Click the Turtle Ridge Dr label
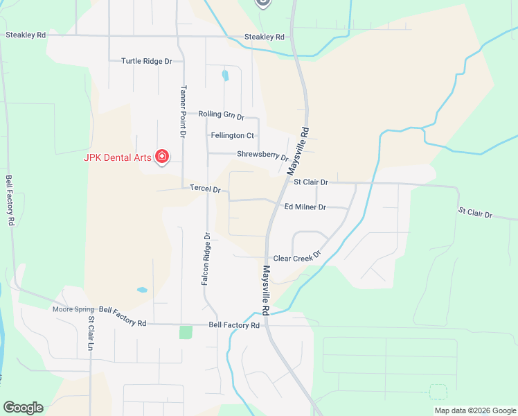(146, 61)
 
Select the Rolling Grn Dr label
(221, 114)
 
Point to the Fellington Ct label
(233, 136)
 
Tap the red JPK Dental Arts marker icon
(162, 157)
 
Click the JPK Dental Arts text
(117, 157)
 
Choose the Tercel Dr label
(205, 189)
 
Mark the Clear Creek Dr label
(298, 257)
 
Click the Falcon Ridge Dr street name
(206, 259)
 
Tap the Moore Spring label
(73, 309)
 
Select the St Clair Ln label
(91, 333)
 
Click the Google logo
(23, 408)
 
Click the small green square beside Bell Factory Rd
(186, 332)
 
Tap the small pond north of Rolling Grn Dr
(224, 75)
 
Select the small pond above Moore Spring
(142, 290)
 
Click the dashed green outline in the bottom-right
(438, 392)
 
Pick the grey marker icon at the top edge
(262, 3)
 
